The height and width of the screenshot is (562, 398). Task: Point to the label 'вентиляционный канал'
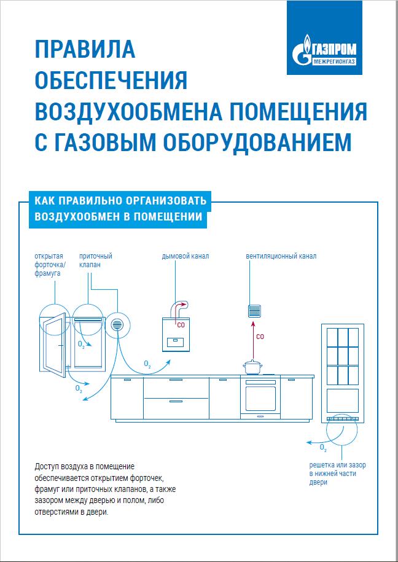(281, 256)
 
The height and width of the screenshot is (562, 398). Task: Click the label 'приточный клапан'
(95, 260)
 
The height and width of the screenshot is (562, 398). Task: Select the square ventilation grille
(254, 310)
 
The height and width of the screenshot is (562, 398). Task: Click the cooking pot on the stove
(252, 367)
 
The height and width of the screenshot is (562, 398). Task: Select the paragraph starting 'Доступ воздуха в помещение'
(101, 489)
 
